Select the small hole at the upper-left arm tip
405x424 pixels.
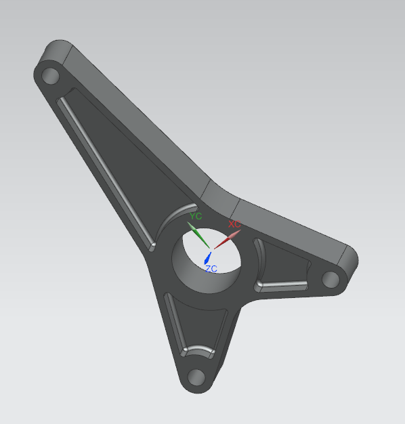coord(51,75)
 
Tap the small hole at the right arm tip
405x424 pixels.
coord(331,279)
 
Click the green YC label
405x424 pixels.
coord(196,216)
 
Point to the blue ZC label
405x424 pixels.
coord(211,269)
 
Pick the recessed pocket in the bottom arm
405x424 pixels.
coord(193,325)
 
